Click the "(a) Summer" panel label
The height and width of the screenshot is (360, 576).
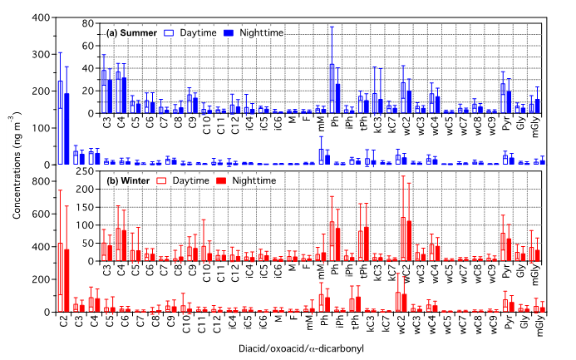pyautogui.click(x=131, y=33)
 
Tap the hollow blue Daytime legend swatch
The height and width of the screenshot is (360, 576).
pyautogui.click(x=169, y=33)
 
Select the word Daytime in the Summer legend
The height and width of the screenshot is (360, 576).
pyautogui.click(x=198, y=33)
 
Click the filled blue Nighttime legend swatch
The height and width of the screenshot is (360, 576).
pyautogui.click(x=228, y=33)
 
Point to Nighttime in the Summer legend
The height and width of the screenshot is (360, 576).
pyautogui.click(x=261, y=33)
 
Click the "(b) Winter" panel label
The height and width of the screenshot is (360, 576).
pyautogui.click(x=128, y=180)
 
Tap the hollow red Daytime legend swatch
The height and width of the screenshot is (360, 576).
pyautogui.click(x=162, y=180)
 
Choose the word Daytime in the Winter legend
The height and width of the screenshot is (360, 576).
pyautogui.click(x=191, y=180)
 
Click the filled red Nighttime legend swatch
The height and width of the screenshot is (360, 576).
pyautogui.click(x=221, y=180)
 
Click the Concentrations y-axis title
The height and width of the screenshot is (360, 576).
pyautogui.click(x=14, y=165)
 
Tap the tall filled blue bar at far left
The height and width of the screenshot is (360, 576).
pyautogui.click(x=66, y=128)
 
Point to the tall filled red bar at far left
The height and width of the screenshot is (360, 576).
pyautogui.click(x=66, y=280)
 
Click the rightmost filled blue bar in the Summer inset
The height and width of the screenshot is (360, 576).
pyautogui.click(x=538, y=106)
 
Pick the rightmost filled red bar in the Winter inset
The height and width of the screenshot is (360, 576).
pyautogui.click(x=537, y=255)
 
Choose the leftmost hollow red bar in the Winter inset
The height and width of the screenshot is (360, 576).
pyautogui.click(x=104, y=251)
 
